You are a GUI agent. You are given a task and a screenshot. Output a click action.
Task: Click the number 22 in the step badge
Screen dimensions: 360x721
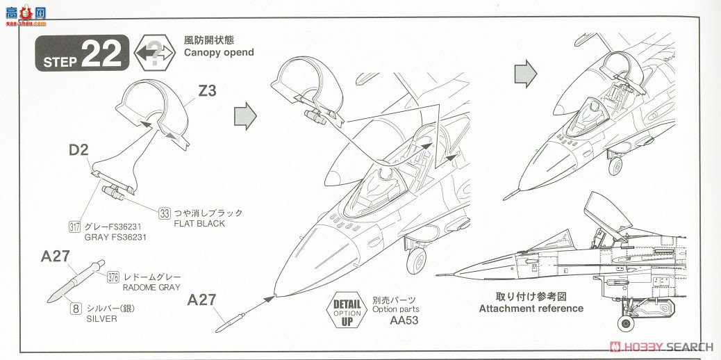coord(101,54)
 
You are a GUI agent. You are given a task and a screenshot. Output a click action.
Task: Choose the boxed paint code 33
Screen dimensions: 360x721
coord(165,213)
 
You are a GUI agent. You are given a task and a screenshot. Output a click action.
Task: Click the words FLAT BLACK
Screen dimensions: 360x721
coord(199,224)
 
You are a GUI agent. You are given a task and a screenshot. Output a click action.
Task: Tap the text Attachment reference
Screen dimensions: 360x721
coord(531,308)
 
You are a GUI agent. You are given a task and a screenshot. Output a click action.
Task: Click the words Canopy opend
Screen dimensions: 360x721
coord(219,53)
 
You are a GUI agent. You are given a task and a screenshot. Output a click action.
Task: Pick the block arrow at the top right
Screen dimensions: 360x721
coord(526,72)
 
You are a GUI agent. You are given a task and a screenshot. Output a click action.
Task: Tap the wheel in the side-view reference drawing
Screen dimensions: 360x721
coord(627,323)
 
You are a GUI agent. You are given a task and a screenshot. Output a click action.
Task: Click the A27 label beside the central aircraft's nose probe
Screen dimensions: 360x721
coord(203,300)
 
